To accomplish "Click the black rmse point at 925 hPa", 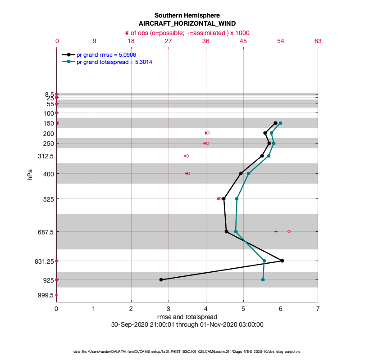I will coord(161,280).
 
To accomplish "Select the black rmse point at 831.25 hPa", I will coord(282,261).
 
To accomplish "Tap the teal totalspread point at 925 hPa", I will coord(263,280).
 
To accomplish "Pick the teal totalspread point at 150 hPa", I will coord(280,123).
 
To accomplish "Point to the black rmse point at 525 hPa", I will coord(224,198).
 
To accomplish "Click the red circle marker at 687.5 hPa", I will coord(289,231).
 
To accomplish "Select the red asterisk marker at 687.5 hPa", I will coord(276,231).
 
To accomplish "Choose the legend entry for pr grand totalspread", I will coord(114,62).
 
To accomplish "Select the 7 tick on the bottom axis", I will coord(318,309).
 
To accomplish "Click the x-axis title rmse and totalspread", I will coord(187,317).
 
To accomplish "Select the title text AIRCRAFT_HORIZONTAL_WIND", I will coord(187,23).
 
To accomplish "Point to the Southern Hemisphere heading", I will coord(187,15).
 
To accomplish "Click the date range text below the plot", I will coord(187,324).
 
